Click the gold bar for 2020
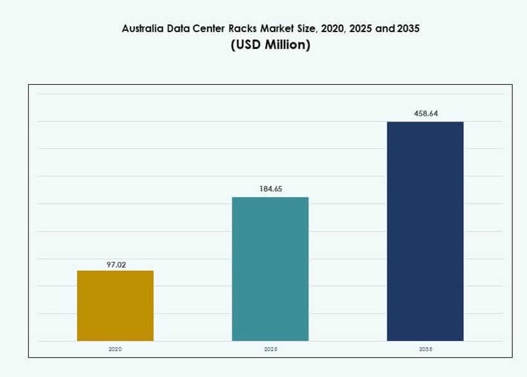(x=115, y=306)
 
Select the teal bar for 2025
(x=270, y=269)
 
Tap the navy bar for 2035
(x=425, y=232)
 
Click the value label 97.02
(x=115, y=264)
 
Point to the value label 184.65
(x=270, y=189)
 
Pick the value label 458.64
(x=425, y=114)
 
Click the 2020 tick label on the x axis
(x=115, y=349)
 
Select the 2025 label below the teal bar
(x=270, y=349)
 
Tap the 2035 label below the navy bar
(x=425, y=349)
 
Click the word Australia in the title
(x=143, y=29)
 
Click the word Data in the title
(x=183, y=29)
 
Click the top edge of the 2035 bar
(x=425, y=122)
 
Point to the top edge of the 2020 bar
(x=115, y=271)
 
